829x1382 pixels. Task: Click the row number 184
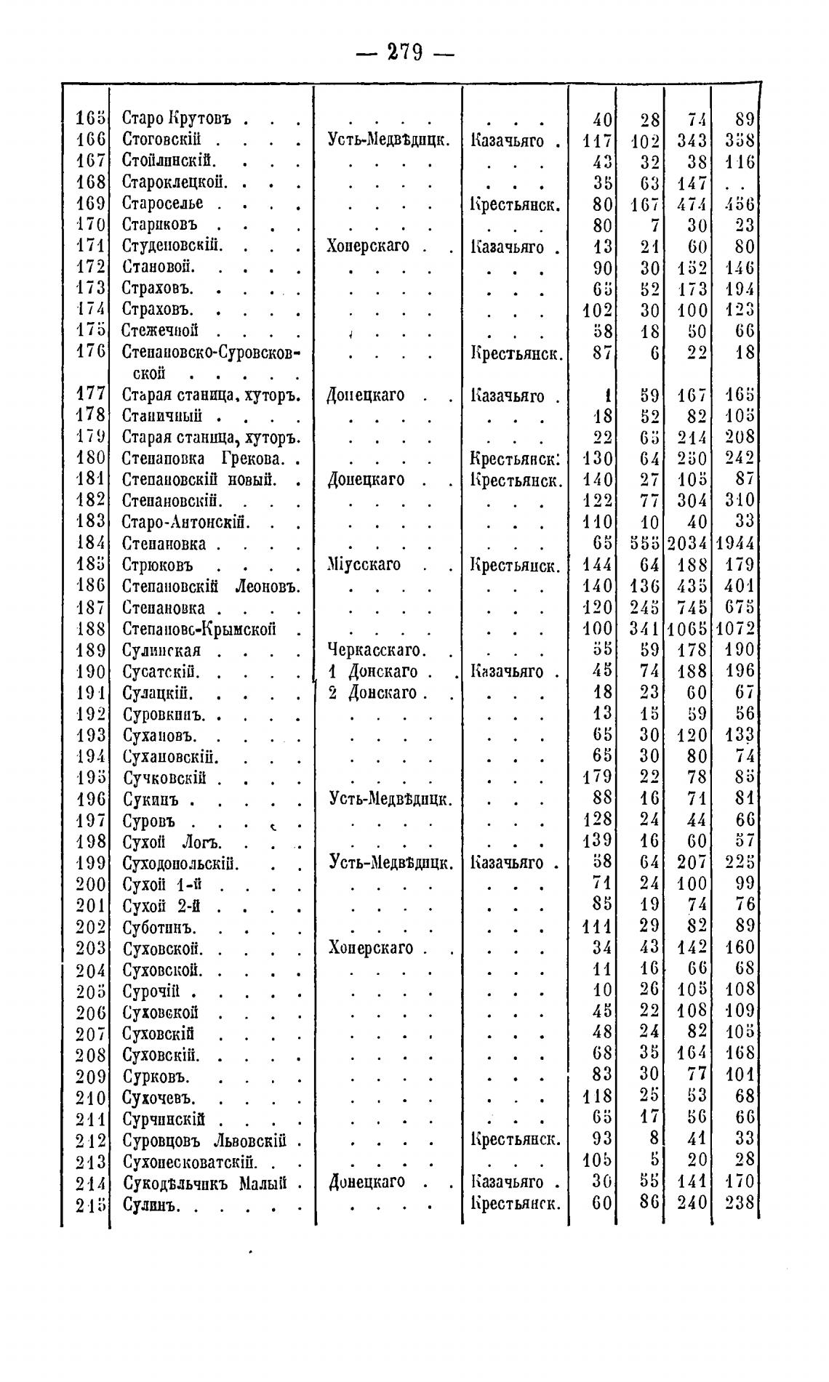click(x=92, y=544)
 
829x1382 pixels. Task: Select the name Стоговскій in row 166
click(x=161, y=140)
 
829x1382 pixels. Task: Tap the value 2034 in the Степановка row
click(x=687, y=544)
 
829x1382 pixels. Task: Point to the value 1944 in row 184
click(x=735, y=544)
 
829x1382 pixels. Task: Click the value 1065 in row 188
click(x=687, y=629)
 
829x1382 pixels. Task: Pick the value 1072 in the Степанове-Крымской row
click(x=735, y=629)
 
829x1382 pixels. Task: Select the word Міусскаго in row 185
click(x=364, y=565)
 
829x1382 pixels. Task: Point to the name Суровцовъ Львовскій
click(x=204, y=1140)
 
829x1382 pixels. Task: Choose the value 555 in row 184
click(x=644, y=544)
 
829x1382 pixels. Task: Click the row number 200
click(x=92, y=885)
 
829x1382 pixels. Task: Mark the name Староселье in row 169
click(x=163, y=203)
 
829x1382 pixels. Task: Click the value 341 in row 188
click(x=644, y=629)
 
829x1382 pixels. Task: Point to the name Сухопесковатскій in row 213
click(x=191, y=1161)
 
